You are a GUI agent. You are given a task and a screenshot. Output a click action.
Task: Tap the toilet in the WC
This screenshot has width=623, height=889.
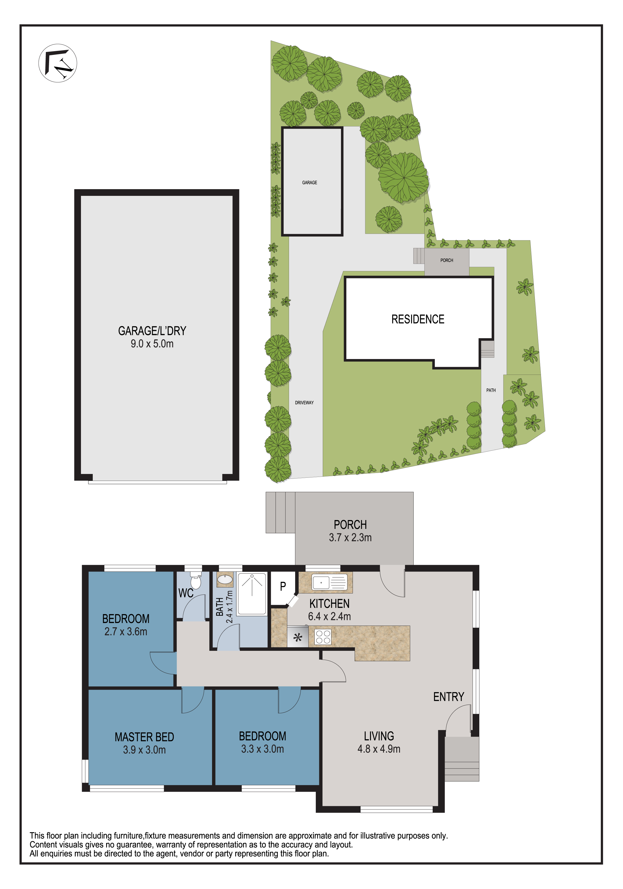[x=196, y=581]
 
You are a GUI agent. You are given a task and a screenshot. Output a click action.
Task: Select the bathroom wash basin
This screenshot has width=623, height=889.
[x=225, y=580]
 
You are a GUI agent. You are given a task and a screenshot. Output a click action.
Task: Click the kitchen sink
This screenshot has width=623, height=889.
[x=329, y=582]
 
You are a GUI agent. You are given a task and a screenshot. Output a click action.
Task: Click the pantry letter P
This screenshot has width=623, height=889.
[x=283, y=586]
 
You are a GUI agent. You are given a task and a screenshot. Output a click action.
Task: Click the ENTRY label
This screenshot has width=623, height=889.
[x=448, y=697]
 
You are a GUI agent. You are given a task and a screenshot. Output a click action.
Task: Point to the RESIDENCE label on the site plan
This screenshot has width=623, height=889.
[x=418, y=319]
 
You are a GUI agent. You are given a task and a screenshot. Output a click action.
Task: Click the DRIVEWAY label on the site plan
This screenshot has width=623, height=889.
[x=304, y=403]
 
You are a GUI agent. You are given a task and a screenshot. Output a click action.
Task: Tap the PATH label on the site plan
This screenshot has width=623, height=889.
[x=491, y=390]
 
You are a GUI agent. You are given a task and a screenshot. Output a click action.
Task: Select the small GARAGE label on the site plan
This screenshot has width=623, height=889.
[x=310, y=182]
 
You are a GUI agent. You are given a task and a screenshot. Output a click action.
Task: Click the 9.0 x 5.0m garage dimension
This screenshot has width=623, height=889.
[x=152, y=343]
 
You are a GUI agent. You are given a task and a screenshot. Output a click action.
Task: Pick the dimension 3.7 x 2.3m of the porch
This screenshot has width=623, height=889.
[x=350, y=537]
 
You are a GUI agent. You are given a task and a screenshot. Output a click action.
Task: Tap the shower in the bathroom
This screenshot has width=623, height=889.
[x=252, y=593]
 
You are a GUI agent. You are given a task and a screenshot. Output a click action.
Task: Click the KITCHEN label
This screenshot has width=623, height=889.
[x=329, y=604]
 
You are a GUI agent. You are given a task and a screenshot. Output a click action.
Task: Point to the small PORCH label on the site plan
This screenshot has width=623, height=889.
[x=446, y=260]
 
